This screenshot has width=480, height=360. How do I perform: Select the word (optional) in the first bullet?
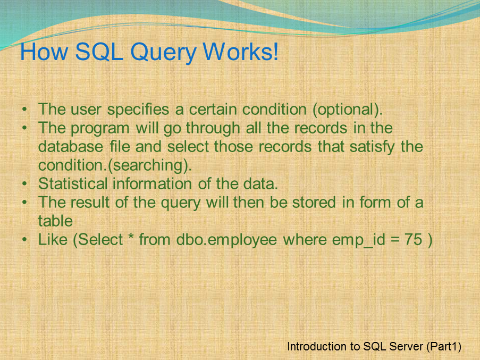point(347,110)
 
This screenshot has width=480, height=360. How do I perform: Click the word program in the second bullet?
point(99,128)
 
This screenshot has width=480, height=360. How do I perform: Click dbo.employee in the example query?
point(226,240)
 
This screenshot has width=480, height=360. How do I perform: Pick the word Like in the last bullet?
point(53,240)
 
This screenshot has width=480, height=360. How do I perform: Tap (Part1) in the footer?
point(444,347)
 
